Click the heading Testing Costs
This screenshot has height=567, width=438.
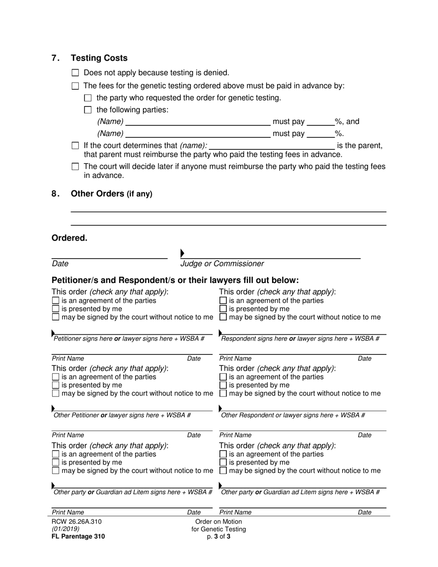99,58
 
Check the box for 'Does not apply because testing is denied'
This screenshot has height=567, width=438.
76,73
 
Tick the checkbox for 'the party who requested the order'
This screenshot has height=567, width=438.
88,98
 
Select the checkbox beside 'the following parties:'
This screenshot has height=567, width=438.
88,110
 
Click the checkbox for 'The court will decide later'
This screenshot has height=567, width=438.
76,166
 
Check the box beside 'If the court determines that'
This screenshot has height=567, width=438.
76,146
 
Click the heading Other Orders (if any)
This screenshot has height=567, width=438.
111,194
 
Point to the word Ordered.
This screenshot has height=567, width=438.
69,238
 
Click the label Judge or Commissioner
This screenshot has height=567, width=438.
222,264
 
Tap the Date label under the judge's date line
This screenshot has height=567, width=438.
60,264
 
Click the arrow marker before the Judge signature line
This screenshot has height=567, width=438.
183,253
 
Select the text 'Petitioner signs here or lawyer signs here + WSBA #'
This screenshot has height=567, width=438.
129,339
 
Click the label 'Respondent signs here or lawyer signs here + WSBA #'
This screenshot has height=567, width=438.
300,339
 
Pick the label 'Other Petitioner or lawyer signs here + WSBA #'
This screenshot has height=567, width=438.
122,415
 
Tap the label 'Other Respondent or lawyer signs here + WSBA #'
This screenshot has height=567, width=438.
293,415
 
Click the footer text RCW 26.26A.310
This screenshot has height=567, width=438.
77,521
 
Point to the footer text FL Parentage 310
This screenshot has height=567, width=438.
78,536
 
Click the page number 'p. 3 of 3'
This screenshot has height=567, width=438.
219,537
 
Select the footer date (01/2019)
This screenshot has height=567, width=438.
65,529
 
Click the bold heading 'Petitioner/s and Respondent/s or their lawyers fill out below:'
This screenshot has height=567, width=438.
175,280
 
